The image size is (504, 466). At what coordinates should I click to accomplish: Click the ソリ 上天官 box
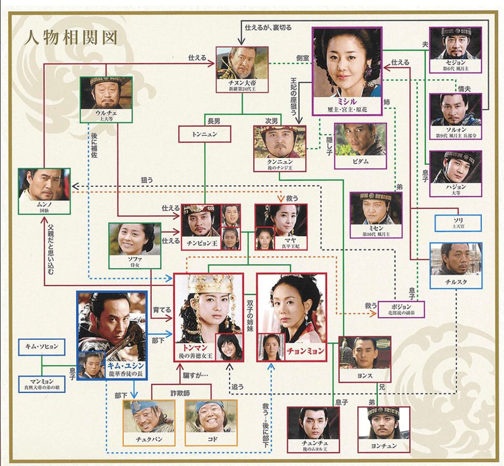click(x=458, y=223)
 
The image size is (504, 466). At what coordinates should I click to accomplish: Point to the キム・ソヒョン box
click(x=42, y=347)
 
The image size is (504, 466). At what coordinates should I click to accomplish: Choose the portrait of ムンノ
click(x=44, y=186)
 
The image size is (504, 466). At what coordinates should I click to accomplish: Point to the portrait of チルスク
click(x=456, y=260)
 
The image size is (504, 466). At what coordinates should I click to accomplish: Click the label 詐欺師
click(x=180, y=393)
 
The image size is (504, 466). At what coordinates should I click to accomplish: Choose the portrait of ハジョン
click(x=456, y=168)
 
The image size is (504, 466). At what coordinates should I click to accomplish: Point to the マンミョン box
click(x=42, y=383)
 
